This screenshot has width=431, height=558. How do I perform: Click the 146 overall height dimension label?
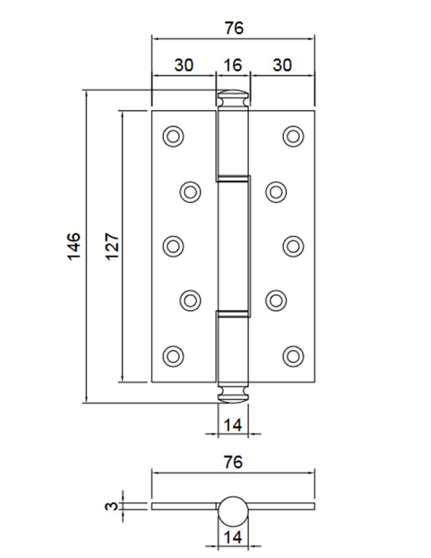(74, 246)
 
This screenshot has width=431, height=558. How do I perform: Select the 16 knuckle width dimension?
(232, 65)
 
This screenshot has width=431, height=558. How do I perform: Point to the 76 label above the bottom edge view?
(232, 462)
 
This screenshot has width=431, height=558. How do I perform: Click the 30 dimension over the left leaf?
(183, 65)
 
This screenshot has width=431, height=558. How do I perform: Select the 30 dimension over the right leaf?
(282, 65)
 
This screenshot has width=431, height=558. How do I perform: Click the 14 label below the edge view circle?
(233, 537)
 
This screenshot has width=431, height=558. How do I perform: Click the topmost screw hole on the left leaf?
(173, 136)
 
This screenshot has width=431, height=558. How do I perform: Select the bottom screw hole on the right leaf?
(293, 355)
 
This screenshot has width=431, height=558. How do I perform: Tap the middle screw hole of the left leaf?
(173, 246)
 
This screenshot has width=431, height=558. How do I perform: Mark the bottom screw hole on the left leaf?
(173, 355)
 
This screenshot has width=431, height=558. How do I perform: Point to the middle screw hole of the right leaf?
(293, 246)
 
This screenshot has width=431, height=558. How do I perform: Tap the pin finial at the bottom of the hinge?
(233, 394)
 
